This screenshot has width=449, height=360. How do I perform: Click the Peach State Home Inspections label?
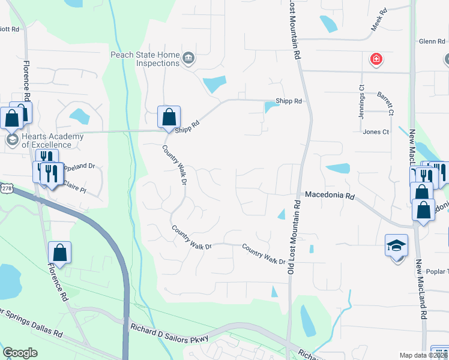[x=145, y=59]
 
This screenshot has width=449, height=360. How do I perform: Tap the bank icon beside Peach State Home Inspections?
[x=188, y=58]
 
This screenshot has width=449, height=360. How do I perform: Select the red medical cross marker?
[x=376, y=59]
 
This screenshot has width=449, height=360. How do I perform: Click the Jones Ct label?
[x=376, y=132]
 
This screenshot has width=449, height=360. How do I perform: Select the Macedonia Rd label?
[x=330, y=196]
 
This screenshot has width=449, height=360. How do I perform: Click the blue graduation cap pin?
[x=396, y=246]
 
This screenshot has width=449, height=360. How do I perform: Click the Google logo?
[x=20, y=353]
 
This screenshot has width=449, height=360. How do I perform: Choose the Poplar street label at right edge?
[x=437, y=271]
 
